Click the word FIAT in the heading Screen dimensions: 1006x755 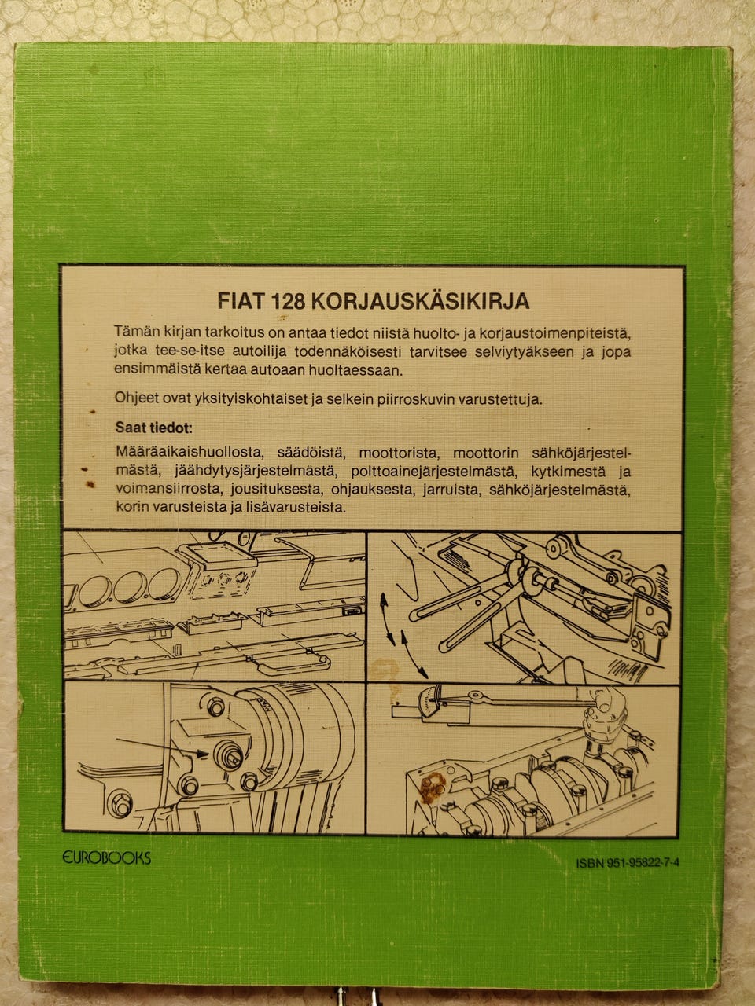point(239,301)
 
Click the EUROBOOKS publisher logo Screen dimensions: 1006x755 point(106,857)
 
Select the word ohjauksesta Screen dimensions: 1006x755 point(380,490)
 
